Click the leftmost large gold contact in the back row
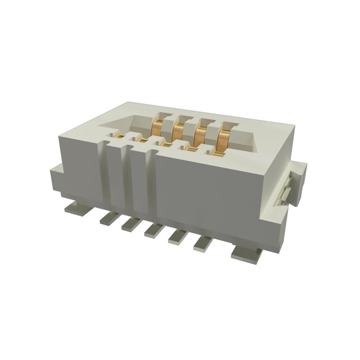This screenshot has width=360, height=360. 160,125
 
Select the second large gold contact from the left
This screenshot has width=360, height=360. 179,130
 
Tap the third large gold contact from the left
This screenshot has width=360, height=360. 199,135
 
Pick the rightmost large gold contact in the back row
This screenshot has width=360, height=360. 222,139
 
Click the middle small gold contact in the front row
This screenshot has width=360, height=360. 166,144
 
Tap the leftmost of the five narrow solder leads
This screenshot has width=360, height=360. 111,218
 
